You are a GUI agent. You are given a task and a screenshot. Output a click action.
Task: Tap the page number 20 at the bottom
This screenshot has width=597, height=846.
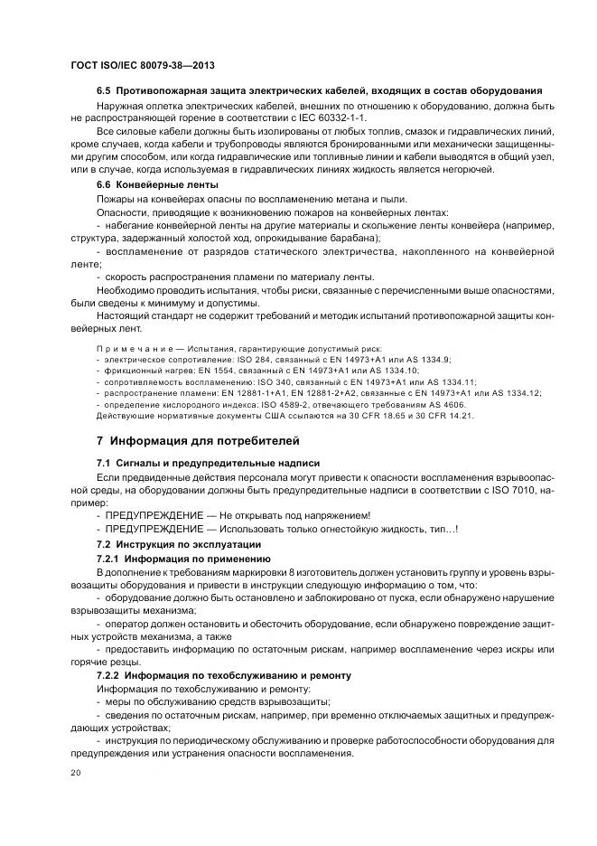pos(75,774)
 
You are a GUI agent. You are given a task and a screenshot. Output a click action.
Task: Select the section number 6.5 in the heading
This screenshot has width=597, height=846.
pos(104,91)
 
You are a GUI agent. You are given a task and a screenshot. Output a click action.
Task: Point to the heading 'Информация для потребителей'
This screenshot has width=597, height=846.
pos(204,441)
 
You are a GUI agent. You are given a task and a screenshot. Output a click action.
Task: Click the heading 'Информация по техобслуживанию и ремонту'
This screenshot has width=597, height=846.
pos(238,675)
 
